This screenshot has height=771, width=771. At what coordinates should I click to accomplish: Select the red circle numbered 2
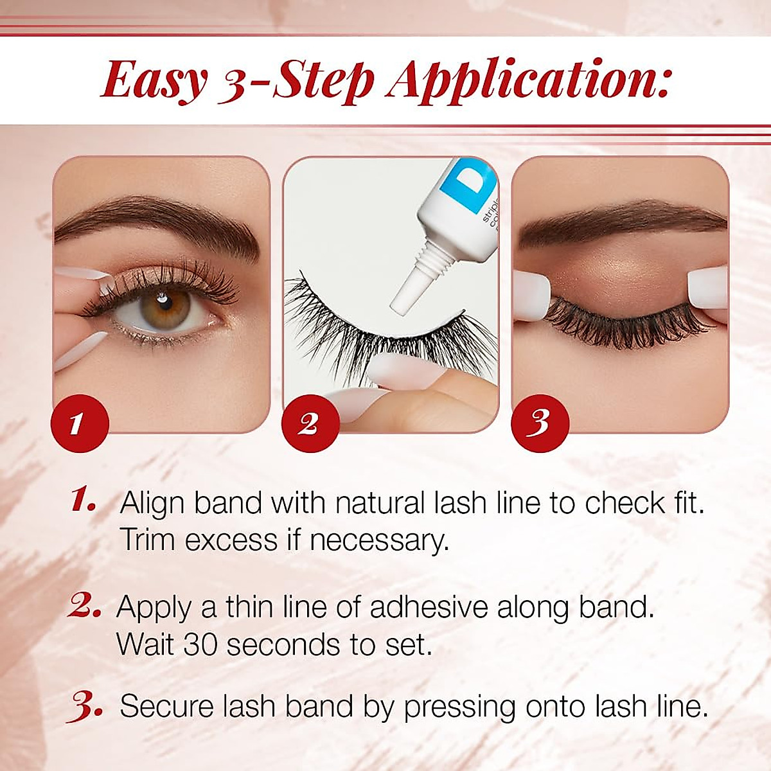coord(308,423)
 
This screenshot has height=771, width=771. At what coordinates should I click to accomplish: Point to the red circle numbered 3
coord(540,423)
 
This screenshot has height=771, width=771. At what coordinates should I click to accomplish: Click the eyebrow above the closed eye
coord(617,225)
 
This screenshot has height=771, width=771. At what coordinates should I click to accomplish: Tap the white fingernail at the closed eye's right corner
coord(707,286)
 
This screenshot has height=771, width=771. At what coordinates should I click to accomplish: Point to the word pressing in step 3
coord(459,707)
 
